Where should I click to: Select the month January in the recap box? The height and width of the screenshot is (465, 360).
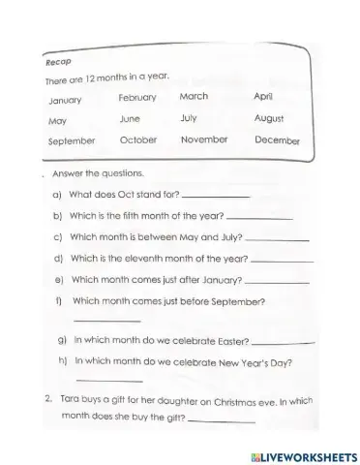[65, 100]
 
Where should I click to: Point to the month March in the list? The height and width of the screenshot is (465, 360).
[194, 96]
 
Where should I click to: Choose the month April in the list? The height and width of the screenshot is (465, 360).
[264, 96]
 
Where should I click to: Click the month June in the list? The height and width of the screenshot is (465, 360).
[130, 119]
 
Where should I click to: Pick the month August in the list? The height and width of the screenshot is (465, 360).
[268, 118]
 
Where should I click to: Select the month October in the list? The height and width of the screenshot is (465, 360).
[137, 140]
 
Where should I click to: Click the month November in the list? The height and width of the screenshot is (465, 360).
[203, 139]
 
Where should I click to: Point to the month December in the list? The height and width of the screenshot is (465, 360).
[277, 140]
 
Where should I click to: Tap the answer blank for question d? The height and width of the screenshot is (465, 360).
[282, 262]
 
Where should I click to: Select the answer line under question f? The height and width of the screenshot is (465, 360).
[106, 321]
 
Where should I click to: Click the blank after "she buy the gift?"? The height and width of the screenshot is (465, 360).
[222, 421]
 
